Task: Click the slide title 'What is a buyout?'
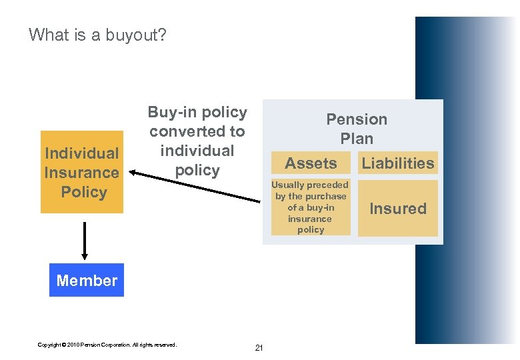(97, 35)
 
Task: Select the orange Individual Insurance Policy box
(82, 172)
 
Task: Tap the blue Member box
(87, 281)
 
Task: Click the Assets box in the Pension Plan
(311, 163)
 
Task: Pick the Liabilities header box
(397, 163)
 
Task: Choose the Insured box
(397, 209)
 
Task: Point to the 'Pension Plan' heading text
(357, 129)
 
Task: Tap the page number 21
(259, 348)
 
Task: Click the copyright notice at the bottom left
(107, 345)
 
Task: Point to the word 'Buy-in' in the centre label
(171, 113)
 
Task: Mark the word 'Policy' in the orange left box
(83, 192)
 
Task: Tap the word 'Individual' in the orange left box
(81, 153)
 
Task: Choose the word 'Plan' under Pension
(357, 139)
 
